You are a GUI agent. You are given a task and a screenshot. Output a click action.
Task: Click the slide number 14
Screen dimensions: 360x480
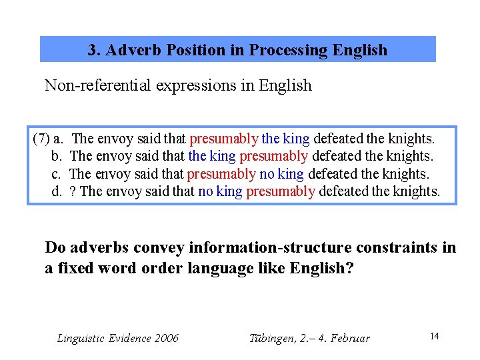click(434, 336)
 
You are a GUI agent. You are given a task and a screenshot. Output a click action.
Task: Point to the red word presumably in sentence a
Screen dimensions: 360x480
click(224, 139)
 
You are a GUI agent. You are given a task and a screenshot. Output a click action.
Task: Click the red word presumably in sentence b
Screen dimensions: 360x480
click(273, 156)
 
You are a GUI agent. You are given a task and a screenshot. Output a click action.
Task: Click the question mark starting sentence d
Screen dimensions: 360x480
click(73, 192)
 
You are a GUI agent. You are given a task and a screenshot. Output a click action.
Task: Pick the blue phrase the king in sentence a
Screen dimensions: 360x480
click(286, 139)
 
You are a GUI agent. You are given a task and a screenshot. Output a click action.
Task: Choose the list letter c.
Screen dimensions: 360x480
click(56, 174)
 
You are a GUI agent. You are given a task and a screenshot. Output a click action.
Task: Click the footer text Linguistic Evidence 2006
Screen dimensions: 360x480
click(118, 338)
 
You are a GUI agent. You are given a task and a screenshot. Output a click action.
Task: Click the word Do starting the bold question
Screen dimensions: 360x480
click(55, 248)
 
